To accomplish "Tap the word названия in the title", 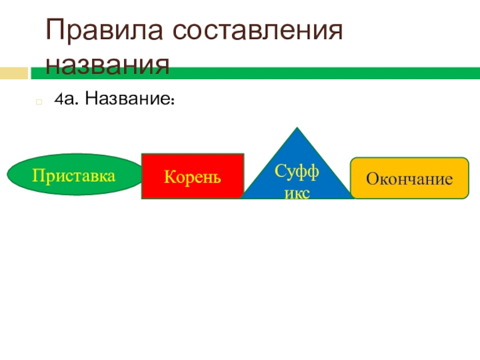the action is [108, 64].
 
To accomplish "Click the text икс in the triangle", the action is [296, 191].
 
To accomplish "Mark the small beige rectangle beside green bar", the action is [14, 73].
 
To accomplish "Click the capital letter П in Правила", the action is [56, 32].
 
